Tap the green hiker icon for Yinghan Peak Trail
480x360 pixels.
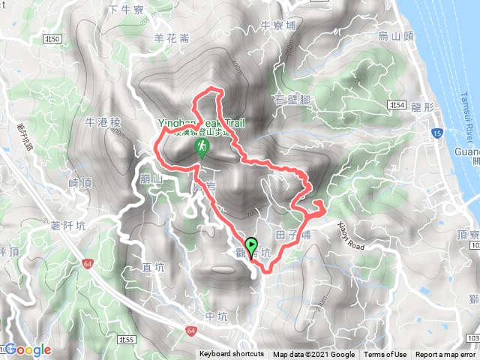[x=202, y=147]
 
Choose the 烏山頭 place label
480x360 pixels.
[x=394, y=34]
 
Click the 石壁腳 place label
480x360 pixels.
[x=292, y=99]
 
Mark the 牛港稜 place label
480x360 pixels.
[x=103, y=121]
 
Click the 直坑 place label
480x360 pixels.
[x=153, y=267]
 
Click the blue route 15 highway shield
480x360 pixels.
[x=436, y=133]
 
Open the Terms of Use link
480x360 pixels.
[x=385, y=355]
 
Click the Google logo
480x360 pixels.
[x=28, y=349]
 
